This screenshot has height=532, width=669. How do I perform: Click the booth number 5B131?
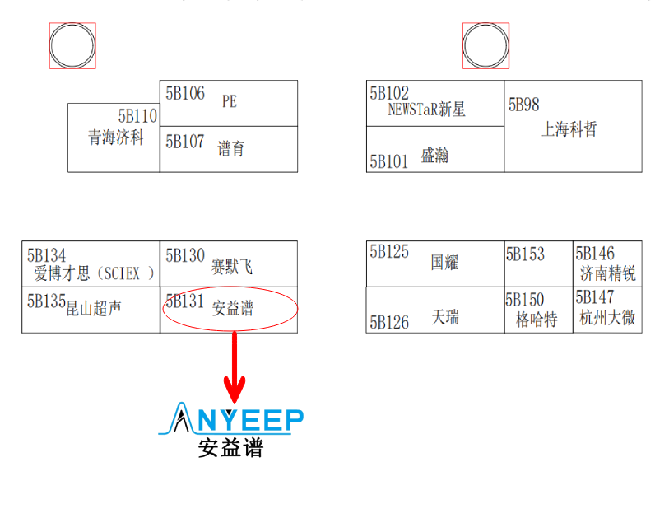(x=184, y=301)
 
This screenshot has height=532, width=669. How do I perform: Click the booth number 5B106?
(x=185, y=93)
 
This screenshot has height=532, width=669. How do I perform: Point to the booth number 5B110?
(x=137, y=116)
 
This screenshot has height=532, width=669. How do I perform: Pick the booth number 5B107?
(x=185, y=142)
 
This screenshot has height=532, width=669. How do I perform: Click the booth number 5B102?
(x=389, y=93)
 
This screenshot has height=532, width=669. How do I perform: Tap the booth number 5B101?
(x=389, y=161)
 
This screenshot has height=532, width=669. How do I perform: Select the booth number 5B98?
(x=524, y=105)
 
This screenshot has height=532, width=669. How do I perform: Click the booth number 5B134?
(x=47, y=256)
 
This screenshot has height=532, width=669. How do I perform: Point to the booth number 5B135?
(x=46, y=301)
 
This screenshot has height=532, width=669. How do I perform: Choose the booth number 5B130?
(x=185, y=256)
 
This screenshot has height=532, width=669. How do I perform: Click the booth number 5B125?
(x=389, y=252)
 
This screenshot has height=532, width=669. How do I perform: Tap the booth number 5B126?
(x=389, y=322)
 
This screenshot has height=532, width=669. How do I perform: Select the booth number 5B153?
(x=525, y=254)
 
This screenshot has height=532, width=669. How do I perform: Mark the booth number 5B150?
(x=525, y=300)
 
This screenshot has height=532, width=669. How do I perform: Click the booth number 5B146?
(x=595, y=253)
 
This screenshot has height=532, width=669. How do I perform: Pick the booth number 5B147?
(x=595, y=297)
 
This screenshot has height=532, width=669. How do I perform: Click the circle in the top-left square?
(x=72, y=45)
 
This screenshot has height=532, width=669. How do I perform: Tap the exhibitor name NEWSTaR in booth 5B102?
(x=413, y=109)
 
